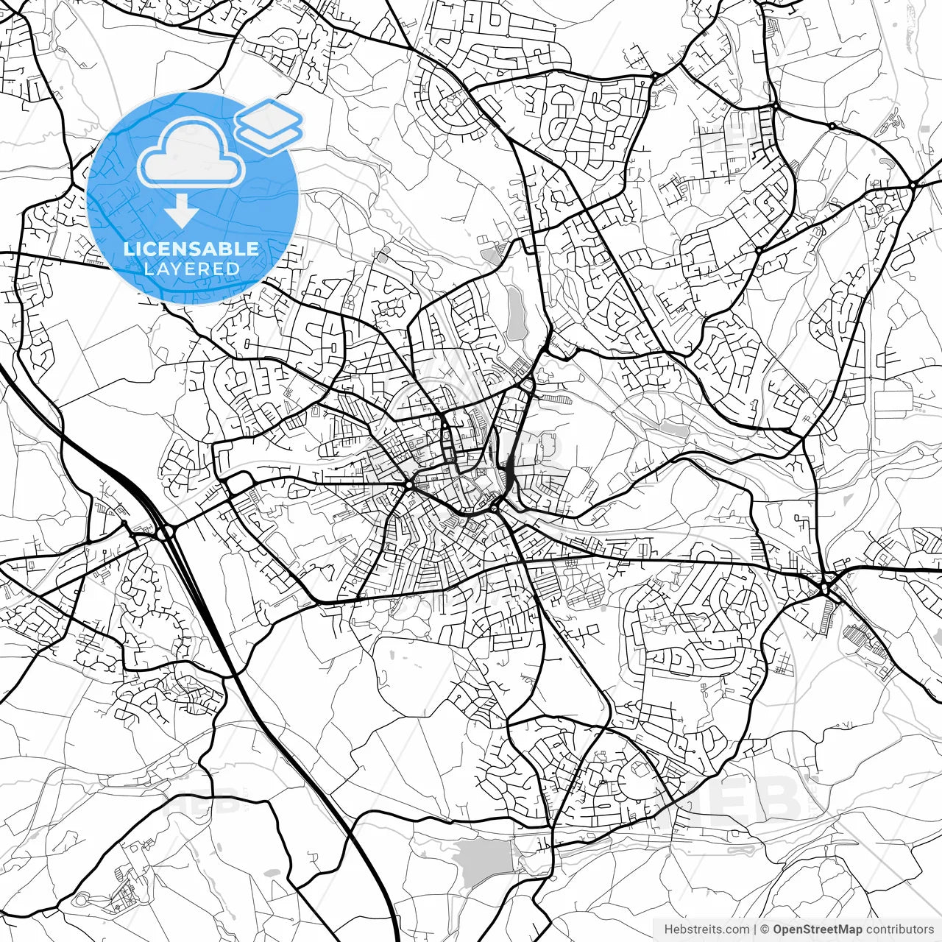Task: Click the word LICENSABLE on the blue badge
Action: pos(191,249)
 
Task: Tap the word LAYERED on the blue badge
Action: pos(191,269)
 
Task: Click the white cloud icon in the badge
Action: pos(191,153)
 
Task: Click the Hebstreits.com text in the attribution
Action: pos(706,929)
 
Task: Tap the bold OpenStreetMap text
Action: pos(817,929)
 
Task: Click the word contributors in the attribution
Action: pos(899,929)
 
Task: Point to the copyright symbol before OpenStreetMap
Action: pos(765,929)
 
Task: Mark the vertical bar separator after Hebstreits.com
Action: pos(756,929)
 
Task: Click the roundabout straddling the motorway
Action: pos(164,532)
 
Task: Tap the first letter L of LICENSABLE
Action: pos(128,249)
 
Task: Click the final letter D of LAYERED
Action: pos(233,269)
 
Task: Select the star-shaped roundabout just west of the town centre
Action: pos(408,484)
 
